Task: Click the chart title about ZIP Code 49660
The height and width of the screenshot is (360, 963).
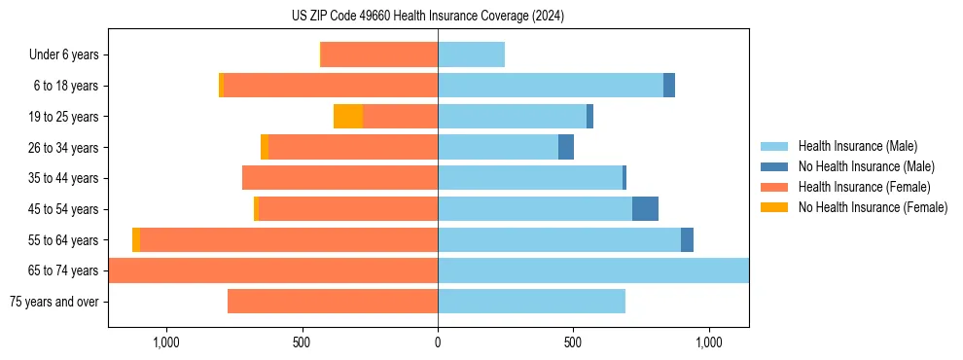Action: click(x=428, y=17)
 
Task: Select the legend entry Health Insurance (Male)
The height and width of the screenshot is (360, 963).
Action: click(x=855, y=146)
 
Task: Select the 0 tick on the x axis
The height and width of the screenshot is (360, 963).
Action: click(x=438, y=342)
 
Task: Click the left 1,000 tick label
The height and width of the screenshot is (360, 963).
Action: click(x=166, y=342)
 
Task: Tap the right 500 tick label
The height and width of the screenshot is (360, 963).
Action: click(x=573, y=342)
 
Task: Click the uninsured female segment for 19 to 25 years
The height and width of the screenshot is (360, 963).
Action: click(x=348, y=117)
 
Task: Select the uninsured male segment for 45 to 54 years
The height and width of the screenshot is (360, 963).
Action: click(x=645, y=209)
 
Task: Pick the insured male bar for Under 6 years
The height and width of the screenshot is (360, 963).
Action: click(x=471, y=55)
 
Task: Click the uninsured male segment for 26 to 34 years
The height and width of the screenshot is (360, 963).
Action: click(x=566, y=148)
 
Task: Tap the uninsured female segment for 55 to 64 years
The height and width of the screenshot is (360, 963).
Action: click(x=136, y=240)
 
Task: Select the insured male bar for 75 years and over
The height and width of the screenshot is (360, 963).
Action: click(x=531, y=302)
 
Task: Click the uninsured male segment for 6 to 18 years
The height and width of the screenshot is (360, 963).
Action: click(x=669, y=86)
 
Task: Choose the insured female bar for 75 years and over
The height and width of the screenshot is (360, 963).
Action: click(x=333, y=302)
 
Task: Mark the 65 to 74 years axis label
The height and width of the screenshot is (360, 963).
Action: click(x=63, y=270)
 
